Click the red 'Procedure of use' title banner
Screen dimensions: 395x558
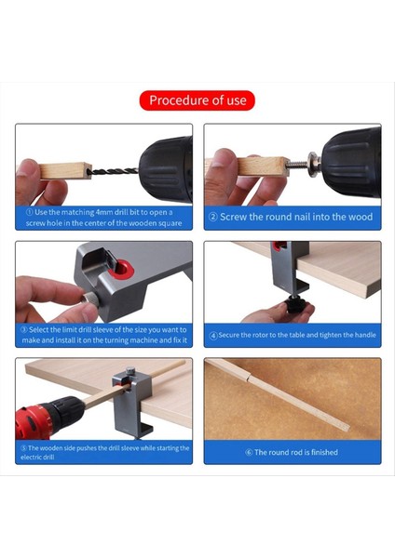(x=197, y=100)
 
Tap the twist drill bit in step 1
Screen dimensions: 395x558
(x=114, y=171)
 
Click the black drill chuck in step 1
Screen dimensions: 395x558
(x=166, y=170)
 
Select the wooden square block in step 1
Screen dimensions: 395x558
(x=65, y=171)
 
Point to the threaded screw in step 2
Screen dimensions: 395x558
(x=299, y=165)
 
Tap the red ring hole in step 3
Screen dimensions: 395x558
(x=123, y=269)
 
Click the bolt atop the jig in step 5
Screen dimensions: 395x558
(x=130, y=371)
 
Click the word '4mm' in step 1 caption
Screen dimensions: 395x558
(x=104, y=212)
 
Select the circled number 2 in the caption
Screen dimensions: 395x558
(x=212, y=217)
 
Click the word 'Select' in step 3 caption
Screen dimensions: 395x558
(x=40, y=330)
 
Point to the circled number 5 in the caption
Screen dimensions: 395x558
(x=23, y=448)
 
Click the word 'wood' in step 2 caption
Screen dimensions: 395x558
(x=361, y=217)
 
